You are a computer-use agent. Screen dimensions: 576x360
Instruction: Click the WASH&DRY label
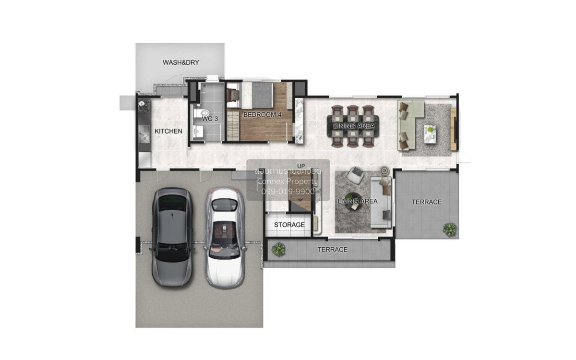(181, 62)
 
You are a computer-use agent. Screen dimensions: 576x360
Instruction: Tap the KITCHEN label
(168, 131)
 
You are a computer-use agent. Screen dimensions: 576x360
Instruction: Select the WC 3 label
(210, 119)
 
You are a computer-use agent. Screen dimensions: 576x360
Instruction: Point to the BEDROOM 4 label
(262, 115)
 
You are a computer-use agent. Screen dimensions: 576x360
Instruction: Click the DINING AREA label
(354, 126)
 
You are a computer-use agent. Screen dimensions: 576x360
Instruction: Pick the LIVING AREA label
(358, 201)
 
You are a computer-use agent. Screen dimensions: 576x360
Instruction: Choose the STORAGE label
(289, 225)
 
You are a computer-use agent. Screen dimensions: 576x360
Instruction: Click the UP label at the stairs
(301, 166)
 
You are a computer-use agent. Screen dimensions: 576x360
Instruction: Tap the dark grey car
(172, 237)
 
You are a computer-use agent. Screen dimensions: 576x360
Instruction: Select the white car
(225, 239)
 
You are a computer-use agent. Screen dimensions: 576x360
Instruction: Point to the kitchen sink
(144, 134)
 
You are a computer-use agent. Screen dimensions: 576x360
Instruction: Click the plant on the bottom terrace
(278, 249)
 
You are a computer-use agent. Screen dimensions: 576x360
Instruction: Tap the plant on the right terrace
(450, 229)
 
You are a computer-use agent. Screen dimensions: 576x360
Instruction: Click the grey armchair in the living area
(356, 175)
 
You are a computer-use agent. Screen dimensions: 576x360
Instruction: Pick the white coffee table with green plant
(430, 134)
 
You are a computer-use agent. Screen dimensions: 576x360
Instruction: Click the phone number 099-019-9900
(288, 192)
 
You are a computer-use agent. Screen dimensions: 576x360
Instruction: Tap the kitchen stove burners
(144, 106)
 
